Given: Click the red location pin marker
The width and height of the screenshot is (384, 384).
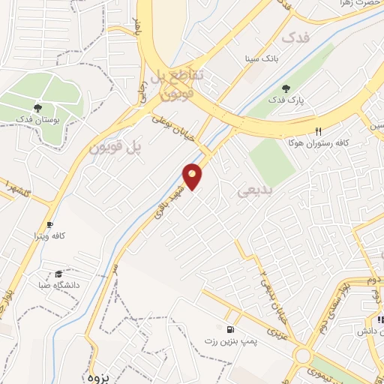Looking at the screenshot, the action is coord(193,176).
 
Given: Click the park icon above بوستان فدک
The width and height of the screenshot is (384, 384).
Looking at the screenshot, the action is coord(37,109).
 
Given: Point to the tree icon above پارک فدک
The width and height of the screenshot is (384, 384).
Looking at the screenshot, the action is coord(286,89).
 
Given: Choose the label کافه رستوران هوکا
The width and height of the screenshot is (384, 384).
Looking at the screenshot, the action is coord(315,142).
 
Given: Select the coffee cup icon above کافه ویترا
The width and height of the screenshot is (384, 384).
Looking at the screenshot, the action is coord(49,223).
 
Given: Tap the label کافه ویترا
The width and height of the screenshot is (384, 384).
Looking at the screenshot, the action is coord(49,235).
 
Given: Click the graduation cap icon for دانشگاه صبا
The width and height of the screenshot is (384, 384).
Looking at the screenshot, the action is coord(58,274).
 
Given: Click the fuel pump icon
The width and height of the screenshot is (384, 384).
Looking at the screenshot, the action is coord(229,329).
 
